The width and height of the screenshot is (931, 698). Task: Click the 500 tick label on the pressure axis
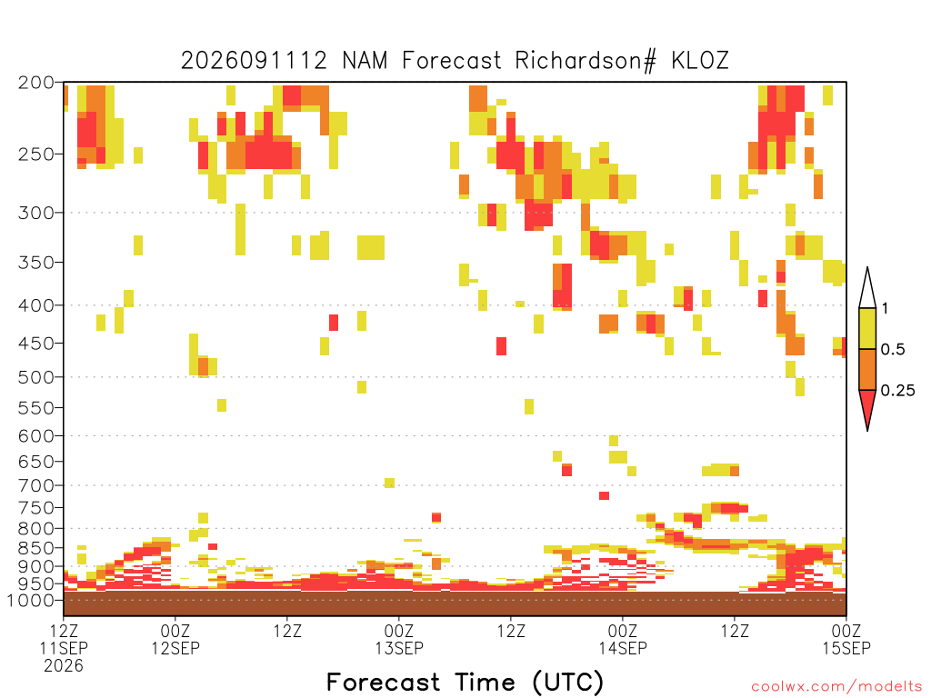click(35, 377)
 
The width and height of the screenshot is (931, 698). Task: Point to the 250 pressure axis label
click(35, 155)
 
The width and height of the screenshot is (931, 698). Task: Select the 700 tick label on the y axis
click(35, 485)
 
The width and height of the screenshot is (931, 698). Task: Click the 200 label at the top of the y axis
click(35, 83)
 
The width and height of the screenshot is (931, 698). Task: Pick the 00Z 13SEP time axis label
click(399, 639)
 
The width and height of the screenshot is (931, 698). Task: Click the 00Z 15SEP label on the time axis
click(846, 639)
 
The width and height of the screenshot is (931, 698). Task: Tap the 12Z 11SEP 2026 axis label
click(64, 647)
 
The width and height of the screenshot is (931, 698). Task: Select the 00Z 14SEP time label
click(623, 639)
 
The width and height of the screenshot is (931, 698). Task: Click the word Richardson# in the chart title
click(585, 61)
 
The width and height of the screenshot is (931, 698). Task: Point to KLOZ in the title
click(699, 61)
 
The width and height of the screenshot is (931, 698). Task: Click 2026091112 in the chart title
click(254, 61)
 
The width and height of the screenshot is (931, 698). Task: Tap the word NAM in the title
click(365, 61)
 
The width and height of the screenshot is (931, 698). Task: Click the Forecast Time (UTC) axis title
click(465, 682)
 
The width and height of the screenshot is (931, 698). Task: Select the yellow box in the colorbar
click(867, 328)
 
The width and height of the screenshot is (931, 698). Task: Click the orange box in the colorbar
click(867, 369)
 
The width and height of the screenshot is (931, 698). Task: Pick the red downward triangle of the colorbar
click(867, 405)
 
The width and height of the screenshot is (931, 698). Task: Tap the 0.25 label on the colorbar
click(897, 391)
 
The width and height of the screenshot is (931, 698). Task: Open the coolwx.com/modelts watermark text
click(836, 687)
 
